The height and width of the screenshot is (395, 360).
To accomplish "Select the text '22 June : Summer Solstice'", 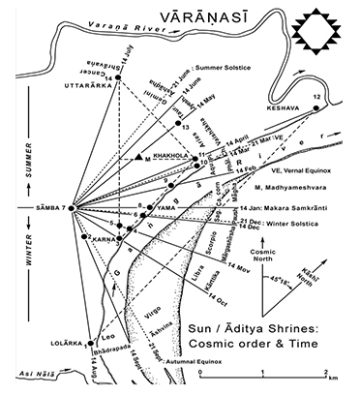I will (202, 68).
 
